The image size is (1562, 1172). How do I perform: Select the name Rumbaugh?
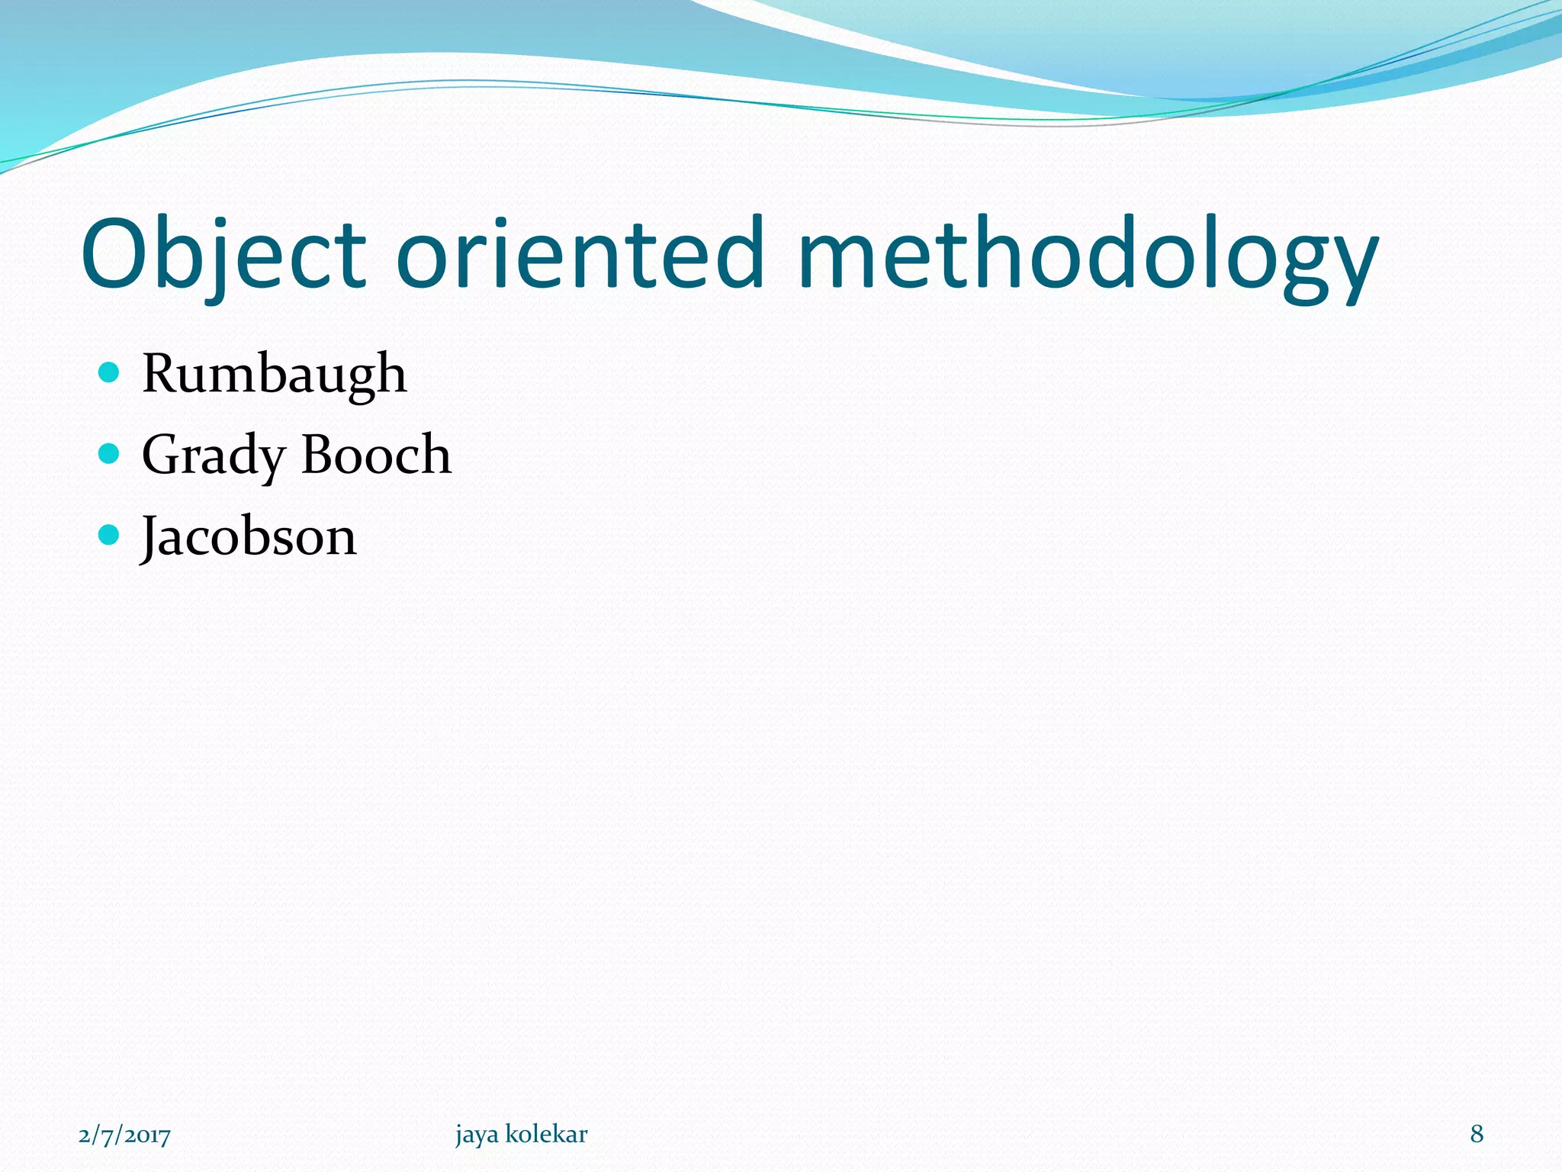pyautogui.click(x=275, y=375)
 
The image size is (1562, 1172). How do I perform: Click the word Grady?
pyautogui.click(x=213, y=456)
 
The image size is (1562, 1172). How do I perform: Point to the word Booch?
pyautogui.click(x=376, y=456)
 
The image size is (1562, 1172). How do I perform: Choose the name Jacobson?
pyautogui.click(x=249, y=536)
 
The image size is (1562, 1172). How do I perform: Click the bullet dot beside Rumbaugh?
pyautogui.click(x=110, y=372)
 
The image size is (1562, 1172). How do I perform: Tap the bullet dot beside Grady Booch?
pyautogui.click(x=110, y=454)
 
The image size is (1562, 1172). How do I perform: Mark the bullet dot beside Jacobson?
pyautogui.click(x=110, y=535)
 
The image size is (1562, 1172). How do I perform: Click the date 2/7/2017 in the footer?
pyautogui.click(x=124, y=1135)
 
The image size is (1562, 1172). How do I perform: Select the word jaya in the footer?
pyautogui.click(x=477, y=1135)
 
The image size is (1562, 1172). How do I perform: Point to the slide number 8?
pyautogui.click(x=1477, y=1134)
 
